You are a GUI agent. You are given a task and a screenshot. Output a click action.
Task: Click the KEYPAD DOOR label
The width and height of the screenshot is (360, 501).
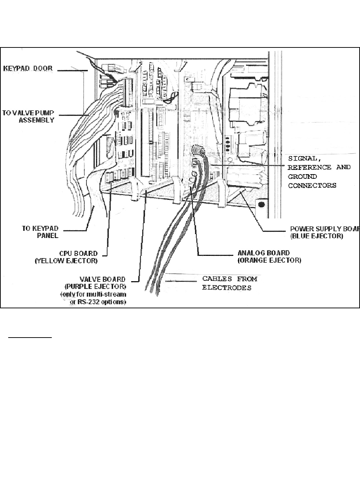coord(28,68)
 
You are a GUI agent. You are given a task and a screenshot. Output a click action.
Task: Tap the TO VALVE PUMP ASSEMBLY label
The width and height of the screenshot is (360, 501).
coord(29,116)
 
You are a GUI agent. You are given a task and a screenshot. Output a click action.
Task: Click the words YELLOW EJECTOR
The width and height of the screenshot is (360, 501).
coord(66,261)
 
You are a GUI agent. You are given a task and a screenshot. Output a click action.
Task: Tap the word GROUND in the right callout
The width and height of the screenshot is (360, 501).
coord(302,176)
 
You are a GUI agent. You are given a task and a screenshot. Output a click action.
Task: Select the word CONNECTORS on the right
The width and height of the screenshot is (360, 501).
coord(312,185)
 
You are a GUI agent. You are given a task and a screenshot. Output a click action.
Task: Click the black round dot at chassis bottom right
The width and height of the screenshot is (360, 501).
coord(261,205)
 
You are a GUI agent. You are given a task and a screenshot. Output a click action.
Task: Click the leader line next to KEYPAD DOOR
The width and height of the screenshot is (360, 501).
coord(70,71)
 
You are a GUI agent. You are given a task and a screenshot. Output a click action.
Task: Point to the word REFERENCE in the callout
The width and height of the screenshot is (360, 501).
coord(309,167)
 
